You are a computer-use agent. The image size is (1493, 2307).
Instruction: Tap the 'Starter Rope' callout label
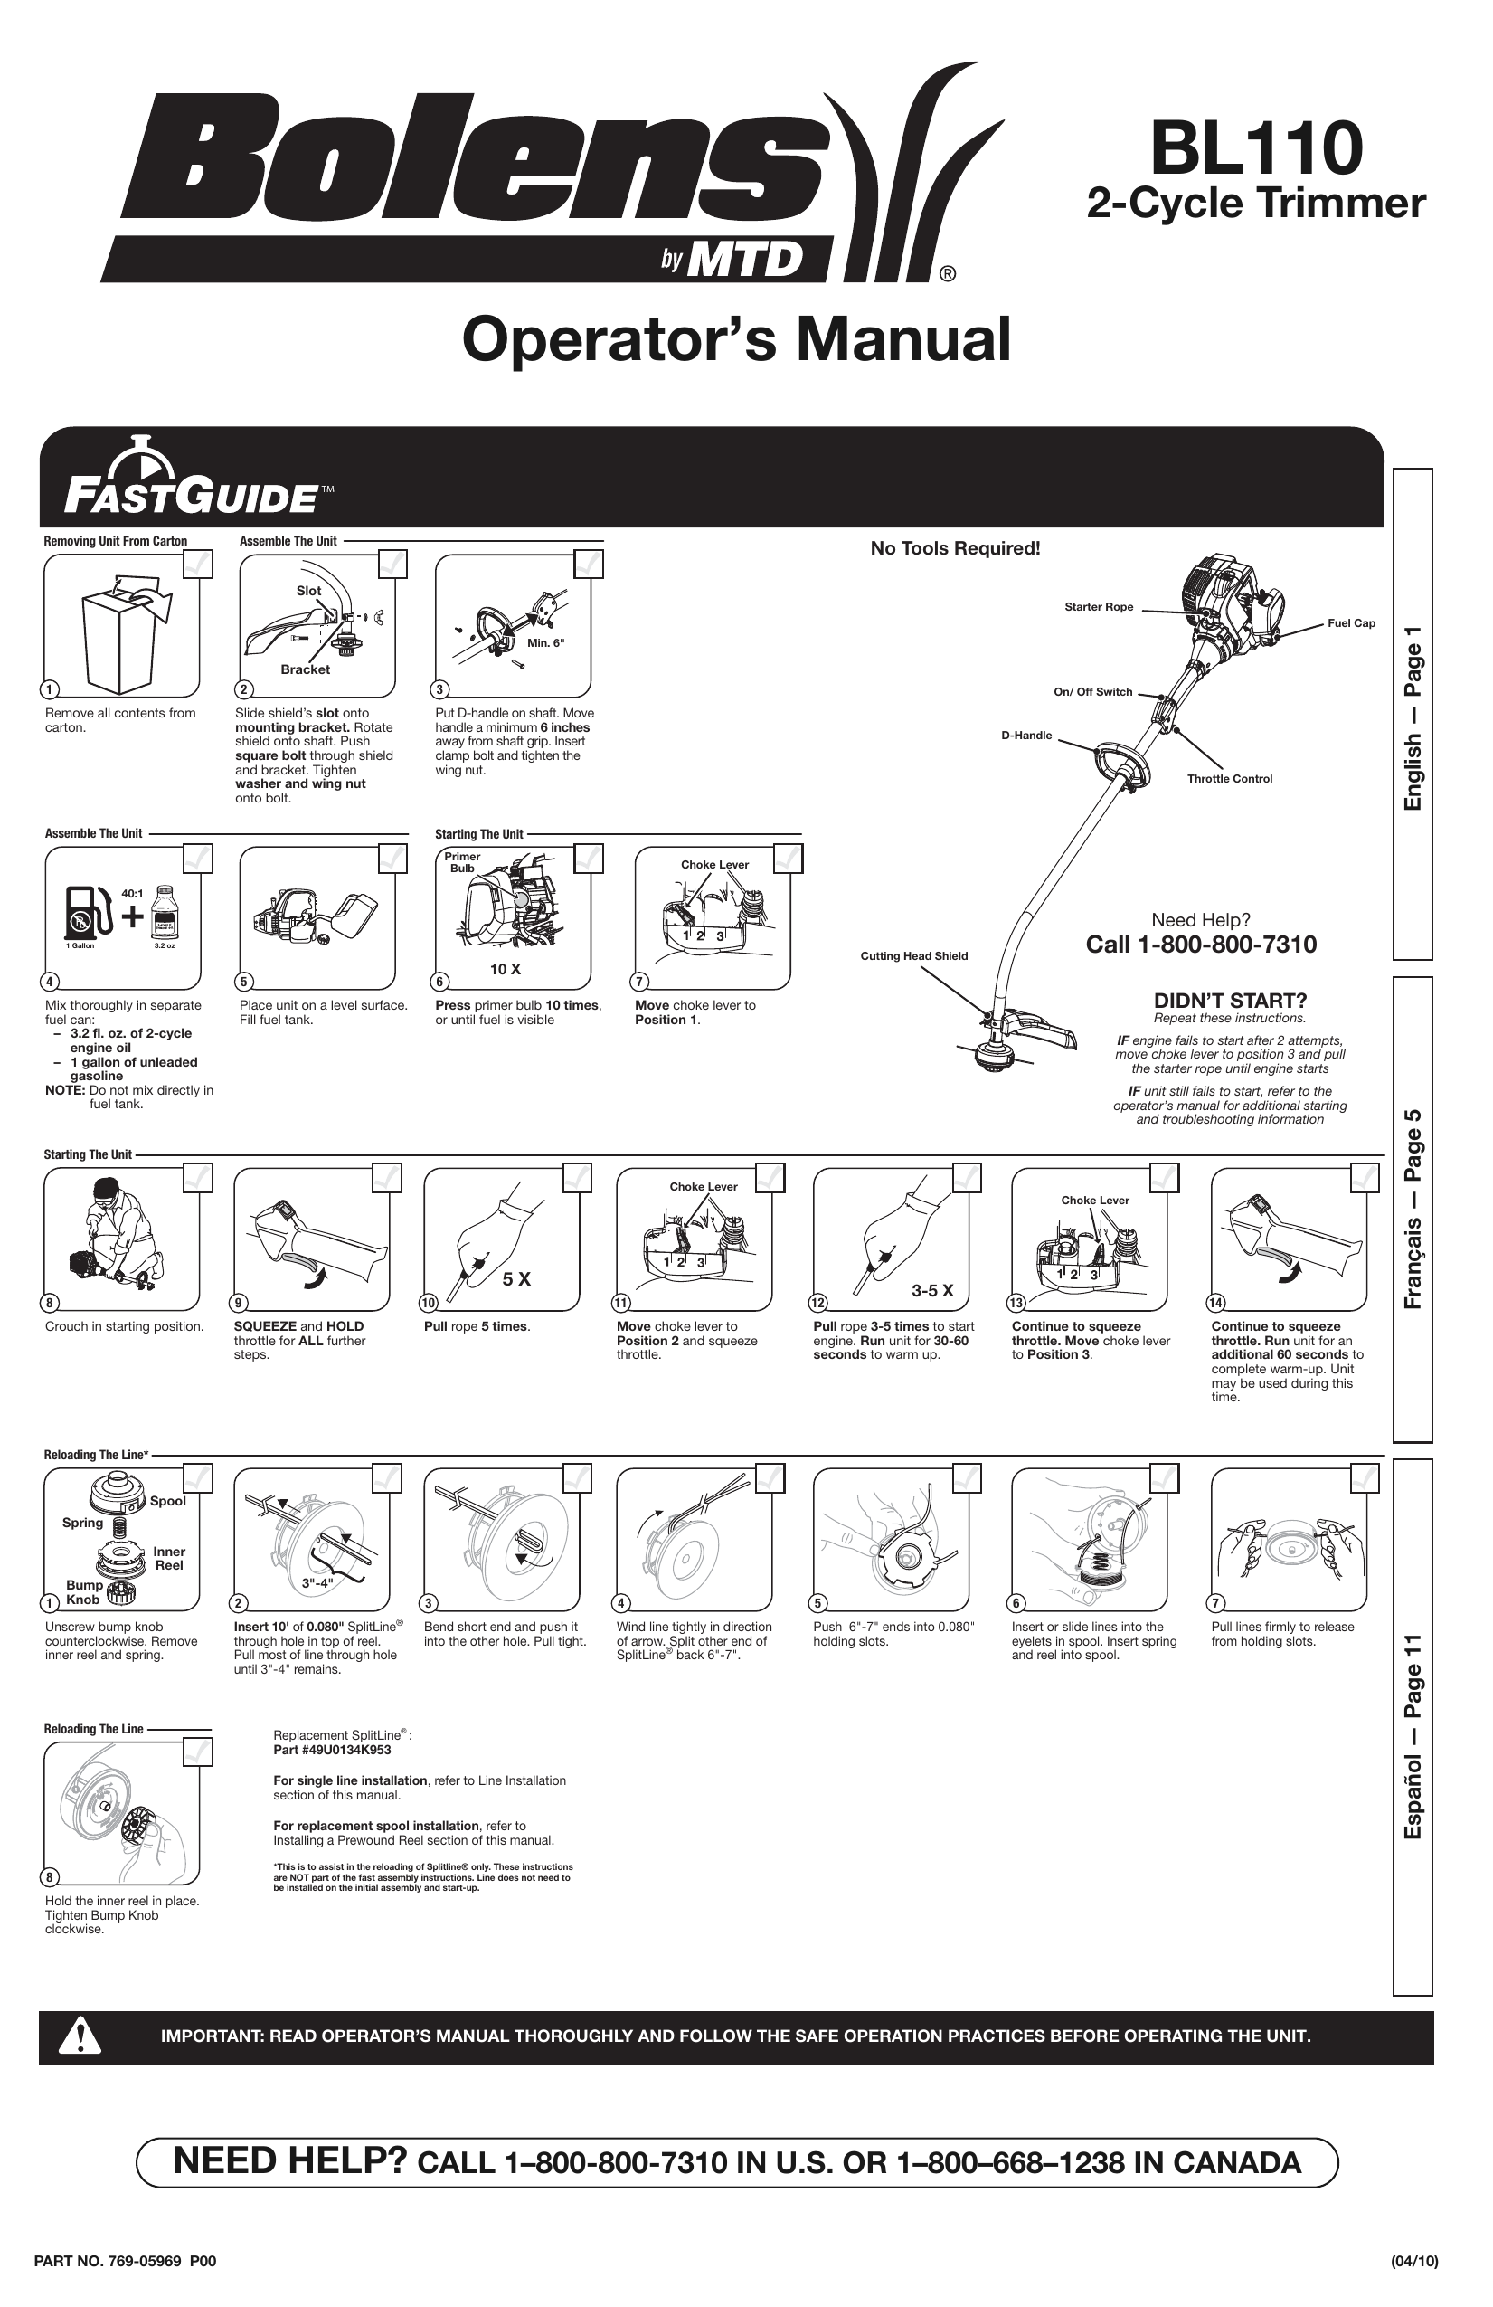(1098, 607)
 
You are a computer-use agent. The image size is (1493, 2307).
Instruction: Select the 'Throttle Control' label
(1229, 778)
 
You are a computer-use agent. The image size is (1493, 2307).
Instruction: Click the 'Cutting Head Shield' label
(912, 955)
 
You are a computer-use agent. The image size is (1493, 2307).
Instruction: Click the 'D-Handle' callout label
(1026, 735)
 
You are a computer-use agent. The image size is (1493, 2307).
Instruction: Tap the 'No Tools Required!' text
(954, 548)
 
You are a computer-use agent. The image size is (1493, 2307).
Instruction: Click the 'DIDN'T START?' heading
(1230, 1001)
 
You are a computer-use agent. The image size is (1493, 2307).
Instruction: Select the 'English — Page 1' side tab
(1412, 717)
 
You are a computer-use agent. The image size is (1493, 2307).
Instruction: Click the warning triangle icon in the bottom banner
(80, 2036)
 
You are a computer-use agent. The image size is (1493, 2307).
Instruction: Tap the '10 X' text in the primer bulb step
(505, 968)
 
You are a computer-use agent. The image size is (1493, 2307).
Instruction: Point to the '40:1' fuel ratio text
(132, 893)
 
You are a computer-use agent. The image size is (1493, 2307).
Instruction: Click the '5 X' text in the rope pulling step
(516, 1279)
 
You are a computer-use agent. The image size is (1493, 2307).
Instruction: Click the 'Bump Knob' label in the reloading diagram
(83, 1591)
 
